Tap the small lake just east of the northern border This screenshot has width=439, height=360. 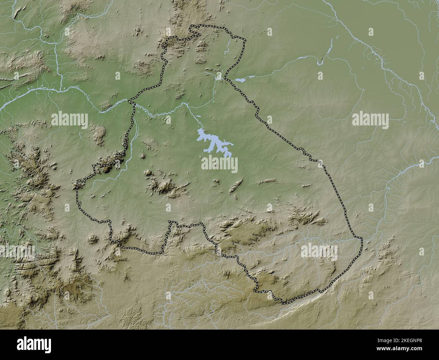point(240,80)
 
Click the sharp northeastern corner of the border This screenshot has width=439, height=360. point(245,41)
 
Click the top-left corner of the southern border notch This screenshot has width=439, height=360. point(170,222)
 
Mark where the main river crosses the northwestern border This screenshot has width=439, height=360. point(133,102)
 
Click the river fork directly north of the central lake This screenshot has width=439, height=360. point(184,104)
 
